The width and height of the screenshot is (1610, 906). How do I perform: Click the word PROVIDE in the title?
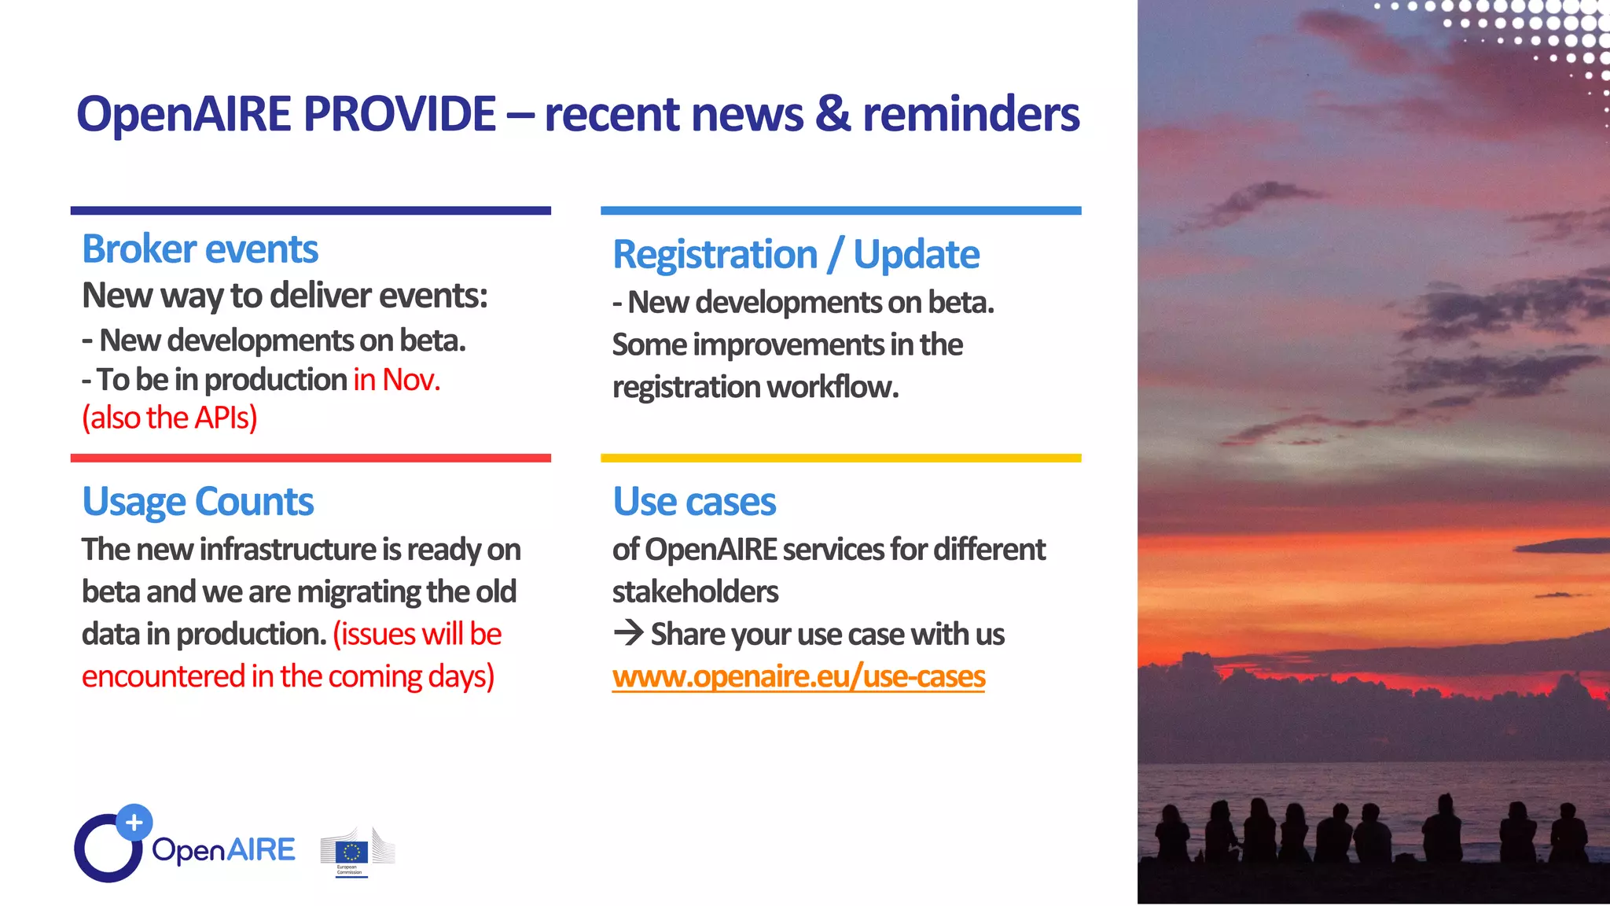point(399,114)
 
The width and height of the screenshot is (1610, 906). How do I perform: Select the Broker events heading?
point(200,249)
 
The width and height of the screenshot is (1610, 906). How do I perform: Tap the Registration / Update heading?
point(796,255)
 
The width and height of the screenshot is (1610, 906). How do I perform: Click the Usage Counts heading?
point(197,502)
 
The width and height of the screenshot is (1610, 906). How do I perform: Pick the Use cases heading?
point(694,502)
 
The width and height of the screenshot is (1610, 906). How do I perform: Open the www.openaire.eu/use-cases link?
point(798,676)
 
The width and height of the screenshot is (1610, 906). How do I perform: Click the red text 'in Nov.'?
point(396,380)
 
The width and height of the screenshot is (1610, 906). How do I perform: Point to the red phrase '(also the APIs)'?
point(170,418)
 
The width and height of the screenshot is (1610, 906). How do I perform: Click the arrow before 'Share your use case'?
point(628,633)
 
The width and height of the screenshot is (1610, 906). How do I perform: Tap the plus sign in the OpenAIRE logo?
point(134,823)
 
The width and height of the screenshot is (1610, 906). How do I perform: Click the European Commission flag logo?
point(351,852)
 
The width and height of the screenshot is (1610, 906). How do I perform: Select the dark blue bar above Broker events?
point(311,211)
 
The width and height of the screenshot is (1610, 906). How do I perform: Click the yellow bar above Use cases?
point(840,458)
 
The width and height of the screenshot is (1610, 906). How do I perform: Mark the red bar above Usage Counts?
point(311,458)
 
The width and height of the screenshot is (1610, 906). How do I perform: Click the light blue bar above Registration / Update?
point(840,211)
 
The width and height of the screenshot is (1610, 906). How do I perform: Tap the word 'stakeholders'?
point(695,591)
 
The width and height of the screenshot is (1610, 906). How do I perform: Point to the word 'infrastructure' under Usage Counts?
point(288,550)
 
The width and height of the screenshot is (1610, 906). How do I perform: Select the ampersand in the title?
point(833,114)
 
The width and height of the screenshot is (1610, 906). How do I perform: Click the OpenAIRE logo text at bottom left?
point(223,850)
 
